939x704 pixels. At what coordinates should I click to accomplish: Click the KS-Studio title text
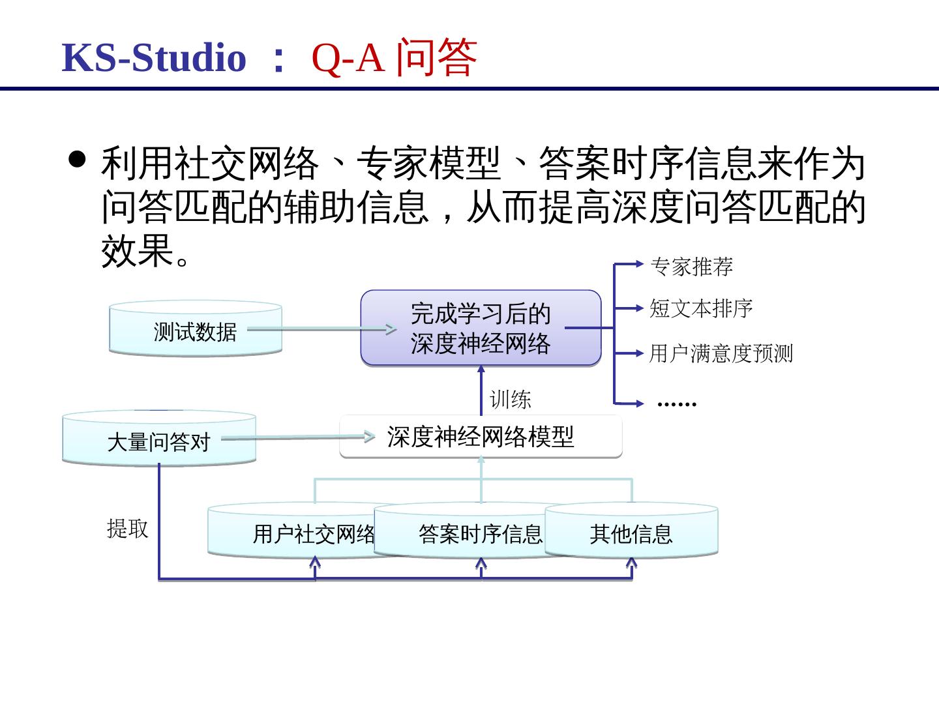point(154,57)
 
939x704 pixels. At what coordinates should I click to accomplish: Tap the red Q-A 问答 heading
point(395,57)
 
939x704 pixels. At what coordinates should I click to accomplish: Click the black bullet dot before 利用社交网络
point(78,159)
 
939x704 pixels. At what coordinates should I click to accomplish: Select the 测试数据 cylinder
point(195,330)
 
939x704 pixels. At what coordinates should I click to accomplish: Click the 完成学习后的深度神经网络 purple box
point(481,328)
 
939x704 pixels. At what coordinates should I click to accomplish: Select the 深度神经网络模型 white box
point(481,437)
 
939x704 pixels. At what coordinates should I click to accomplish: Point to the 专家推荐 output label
point(691,266)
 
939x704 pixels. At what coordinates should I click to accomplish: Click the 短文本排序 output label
point(701,308)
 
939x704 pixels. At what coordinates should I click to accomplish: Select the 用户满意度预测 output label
point(721,353)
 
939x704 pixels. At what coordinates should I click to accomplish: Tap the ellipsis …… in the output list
point(677,403)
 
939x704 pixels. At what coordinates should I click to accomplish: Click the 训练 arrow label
point(511,399)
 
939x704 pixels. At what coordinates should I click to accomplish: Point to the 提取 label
point(127,528)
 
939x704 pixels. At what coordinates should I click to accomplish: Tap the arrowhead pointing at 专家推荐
point(640,264)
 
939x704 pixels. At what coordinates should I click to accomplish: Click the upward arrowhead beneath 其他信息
point(631,563)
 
